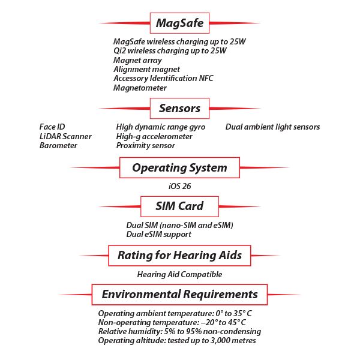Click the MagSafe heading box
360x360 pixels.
pyautogui.click(x=179, y=23)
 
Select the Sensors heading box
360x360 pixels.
pyautogui.click(x=179, y=109)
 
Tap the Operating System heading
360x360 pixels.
pyautogui.click(x=179, y=167)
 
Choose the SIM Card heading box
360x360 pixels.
pyautogui.click(x=179, y=206)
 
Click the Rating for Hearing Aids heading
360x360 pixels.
pyautogui.click(x=179, y=255)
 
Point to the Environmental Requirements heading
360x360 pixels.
pyautogui.click(x=179, y=294)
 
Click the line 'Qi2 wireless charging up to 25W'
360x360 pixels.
pyautogui.click(x=170, y=51)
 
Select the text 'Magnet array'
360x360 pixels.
pyautogui.click(x=137, y=60)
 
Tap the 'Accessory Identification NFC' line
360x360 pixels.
pyautogui.click(x=163, y=78)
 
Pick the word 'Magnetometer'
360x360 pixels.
pyautogui.click(x=140, y=88)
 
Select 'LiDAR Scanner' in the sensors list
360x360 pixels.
pyautogui.click(x=65, y=136)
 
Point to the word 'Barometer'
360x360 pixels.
pyautogui.click(x=58, y=145)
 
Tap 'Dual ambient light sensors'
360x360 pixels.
pyautogui.click(x=272, y=127)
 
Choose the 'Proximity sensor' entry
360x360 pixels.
pyautogui.click(x=146, y=145)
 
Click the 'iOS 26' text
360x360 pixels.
pyautogui.click(x=179, y=186)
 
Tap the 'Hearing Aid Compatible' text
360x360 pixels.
pyautogui.click(x=179, y=274)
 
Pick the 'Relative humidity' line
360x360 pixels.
pyautogui.click(x=179, y=331)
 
